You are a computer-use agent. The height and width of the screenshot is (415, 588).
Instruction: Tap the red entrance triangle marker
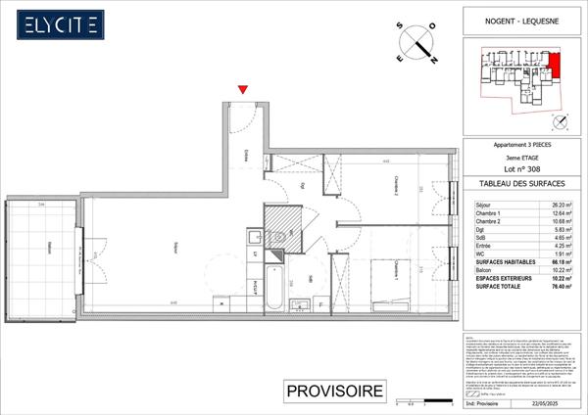[243, 91]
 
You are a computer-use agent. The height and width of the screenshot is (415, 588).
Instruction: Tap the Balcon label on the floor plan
[43, 252]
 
